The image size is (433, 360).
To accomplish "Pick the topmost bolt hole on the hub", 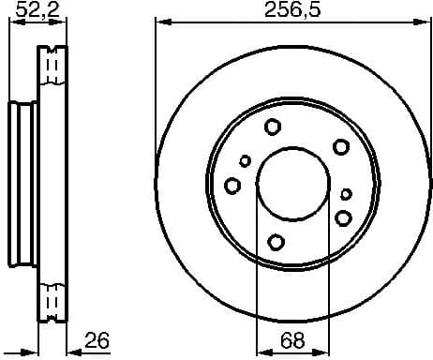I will pos(273,127).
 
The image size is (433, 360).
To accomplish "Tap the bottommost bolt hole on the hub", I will pos(276,242).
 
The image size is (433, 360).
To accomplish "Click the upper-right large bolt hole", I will pos(340,145).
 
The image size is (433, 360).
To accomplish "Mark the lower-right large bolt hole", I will pos(343,218).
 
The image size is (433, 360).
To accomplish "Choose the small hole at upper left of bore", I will pos(246,161).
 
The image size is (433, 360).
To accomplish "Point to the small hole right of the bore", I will pos(346,194).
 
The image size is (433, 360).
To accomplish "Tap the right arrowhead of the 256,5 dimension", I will pos(421,22).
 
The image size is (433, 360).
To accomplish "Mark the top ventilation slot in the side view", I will pos(55,66).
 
